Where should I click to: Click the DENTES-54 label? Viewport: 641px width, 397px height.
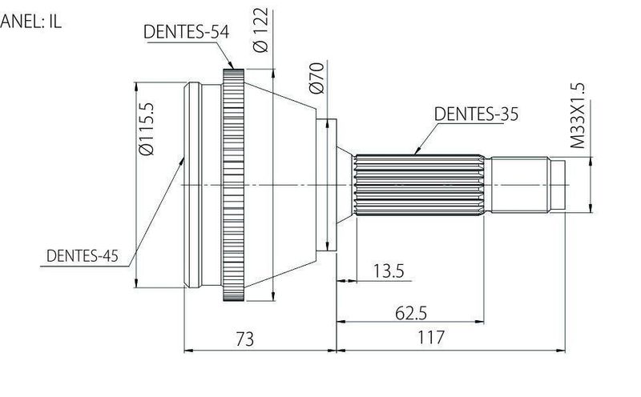point(187,32)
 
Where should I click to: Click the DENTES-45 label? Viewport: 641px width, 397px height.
point(83,255)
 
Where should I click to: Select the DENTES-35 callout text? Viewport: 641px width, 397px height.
point(476,114)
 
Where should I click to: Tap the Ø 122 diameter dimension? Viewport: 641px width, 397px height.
point(260,30)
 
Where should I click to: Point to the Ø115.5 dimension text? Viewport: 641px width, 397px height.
point(147,129)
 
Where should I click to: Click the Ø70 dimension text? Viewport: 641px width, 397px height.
point(316,78)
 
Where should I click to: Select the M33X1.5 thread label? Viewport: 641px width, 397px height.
point(578,115)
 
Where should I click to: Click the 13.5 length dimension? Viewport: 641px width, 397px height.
point(389,271)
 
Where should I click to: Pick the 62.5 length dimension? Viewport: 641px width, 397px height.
point(411,313)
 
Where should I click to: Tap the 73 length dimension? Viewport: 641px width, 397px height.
point(245,339)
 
